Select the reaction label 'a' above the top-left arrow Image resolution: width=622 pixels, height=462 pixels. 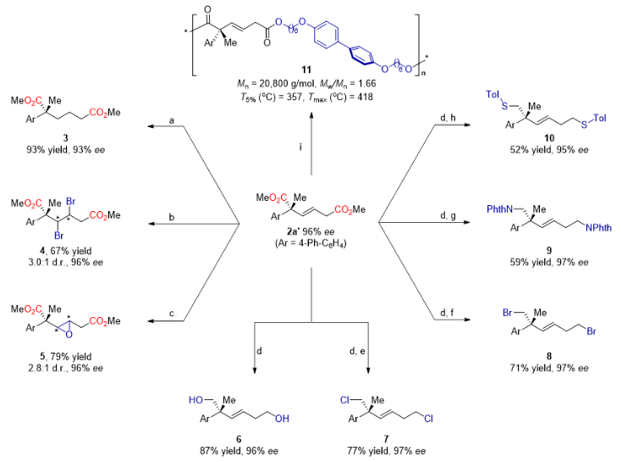pyautogui.click(x=172, y=121)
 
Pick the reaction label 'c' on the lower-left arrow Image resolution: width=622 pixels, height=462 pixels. pyautogui.click(x=172, y=314)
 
